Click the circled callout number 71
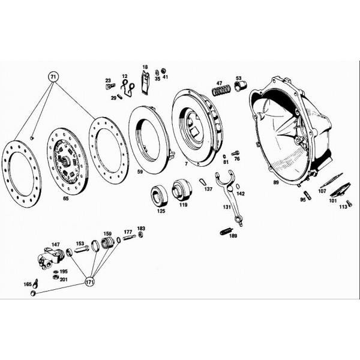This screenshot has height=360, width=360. [x=53, y=77]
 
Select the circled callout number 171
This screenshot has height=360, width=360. [x=90, y=282]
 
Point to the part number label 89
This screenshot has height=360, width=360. [x=276, y=182]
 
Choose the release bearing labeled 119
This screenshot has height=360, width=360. [x=182, y=190]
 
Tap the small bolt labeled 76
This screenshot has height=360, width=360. [x=236, y=152]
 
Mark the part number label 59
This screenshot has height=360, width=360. [x=140, y=172]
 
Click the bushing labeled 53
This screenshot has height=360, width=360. [x=240, y=86]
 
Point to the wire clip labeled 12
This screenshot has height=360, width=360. [x=128, y=88]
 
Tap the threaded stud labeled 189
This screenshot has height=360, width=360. [x=227, y=232]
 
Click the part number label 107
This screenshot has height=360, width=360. [x=322, y=191]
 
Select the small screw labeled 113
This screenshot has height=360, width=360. [x=350, y=203]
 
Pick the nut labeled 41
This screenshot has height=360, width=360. [x=164, y=70]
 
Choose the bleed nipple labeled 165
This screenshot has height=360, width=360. [x=35, y=283]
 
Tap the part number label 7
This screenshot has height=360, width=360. [x=186, y=164]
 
